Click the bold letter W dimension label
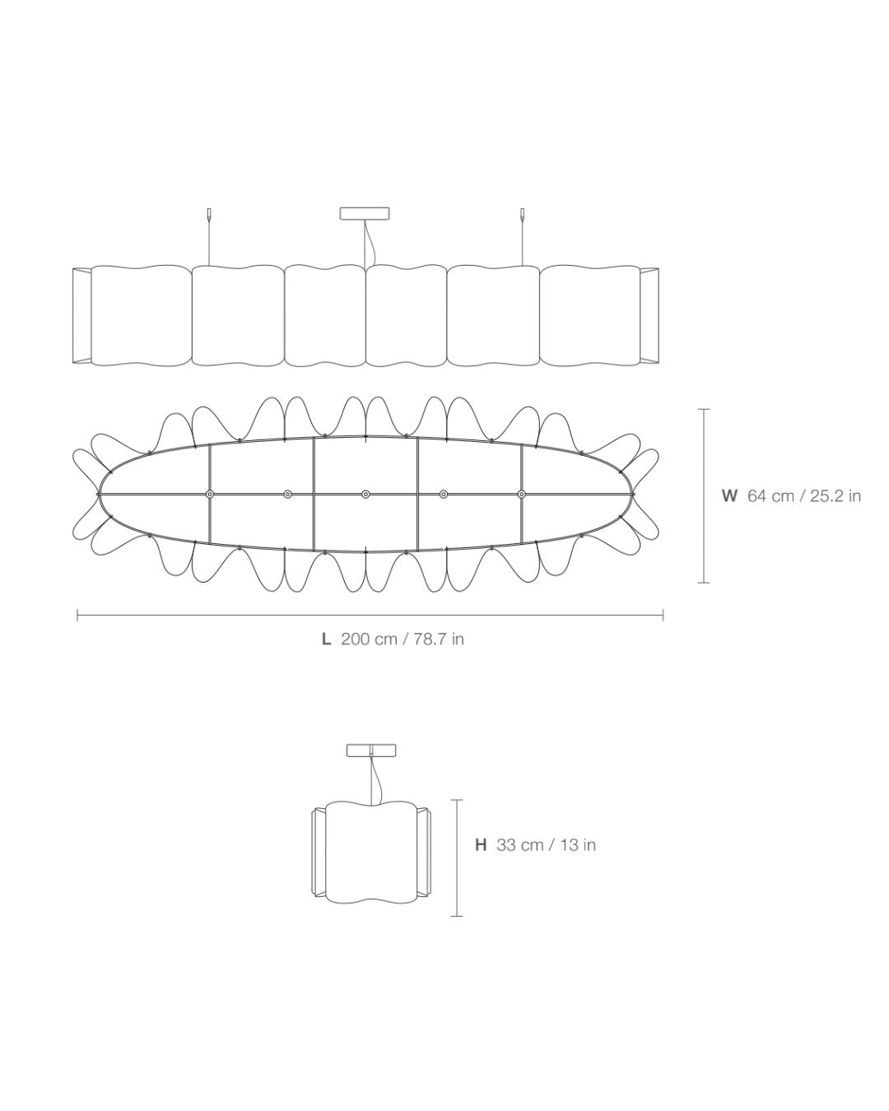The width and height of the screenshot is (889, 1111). pos(728,495)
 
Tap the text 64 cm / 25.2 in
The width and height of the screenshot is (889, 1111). pos(803,495)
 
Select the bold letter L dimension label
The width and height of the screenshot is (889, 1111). pos(326,639)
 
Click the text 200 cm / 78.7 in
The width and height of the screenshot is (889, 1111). pos(403,639)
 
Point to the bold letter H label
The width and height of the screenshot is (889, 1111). pos(481,845)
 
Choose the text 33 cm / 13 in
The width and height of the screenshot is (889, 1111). pos(546,845)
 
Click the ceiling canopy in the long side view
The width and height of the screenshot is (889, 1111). pos(364,213)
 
